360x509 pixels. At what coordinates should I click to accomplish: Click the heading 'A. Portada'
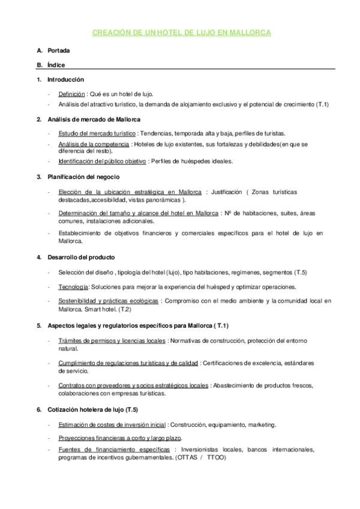(x=59, y=51)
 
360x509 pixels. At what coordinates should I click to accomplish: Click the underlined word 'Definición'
(x=71, y=94)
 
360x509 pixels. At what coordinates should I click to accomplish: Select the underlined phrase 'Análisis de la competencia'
(x=94, y=145)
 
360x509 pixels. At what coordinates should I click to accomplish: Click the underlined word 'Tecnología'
(x=73, y=287)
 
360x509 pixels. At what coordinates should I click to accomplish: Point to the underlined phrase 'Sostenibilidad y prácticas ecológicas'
(x=108, y=301)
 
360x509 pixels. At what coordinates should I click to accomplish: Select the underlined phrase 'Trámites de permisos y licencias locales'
(x=112, y=341)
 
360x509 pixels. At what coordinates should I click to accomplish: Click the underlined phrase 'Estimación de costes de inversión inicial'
(x=112, y=425)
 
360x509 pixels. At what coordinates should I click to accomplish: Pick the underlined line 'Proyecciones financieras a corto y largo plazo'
(x=120, y=438)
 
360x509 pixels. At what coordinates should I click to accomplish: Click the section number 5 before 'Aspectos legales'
(x=39, y=325)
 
